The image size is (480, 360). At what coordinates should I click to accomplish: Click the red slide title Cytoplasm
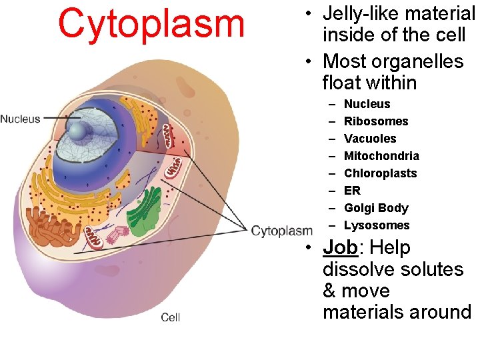pyautogui.click(x=151, y=23)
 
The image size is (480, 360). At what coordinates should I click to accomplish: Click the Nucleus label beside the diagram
pyautogui.click(x=20, y=119)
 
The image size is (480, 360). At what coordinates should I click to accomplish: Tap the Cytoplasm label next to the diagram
pyautogui.click(x=282, y=231)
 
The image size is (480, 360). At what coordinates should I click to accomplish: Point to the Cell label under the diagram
pyautogui.click(x=171, y=317)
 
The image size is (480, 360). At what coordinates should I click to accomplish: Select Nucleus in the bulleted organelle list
pyautogui.click(x=367, y=104)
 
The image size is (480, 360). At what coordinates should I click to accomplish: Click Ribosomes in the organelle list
pyautogui.click(x=376, y=121)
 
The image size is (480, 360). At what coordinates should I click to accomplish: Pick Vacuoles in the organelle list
pyautogui.click(x=370, y=139)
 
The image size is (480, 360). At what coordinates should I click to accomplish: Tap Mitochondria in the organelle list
pyautogui.click(x=381, y=156)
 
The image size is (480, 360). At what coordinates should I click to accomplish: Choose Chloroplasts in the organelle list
pyautogui.click(x=380, y=173)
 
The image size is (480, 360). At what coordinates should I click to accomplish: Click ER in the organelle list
pyautogui.click(x=352, y=191)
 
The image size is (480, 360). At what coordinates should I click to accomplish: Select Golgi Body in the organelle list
pyautogui.click(x=376, y=208)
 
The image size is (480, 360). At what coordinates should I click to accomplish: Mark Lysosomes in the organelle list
pyautogui.click(x=377, y=225)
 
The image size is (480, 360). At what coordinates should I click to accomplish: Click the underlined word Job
pyautogui.click(x=340, y=248)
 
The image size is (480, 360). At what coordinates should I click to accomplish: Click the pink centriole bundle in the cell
pyautogui.click(x=121, y=234)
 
